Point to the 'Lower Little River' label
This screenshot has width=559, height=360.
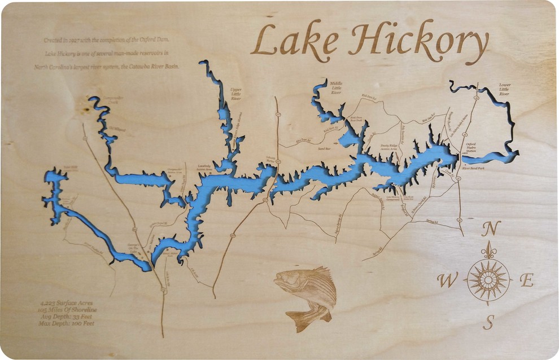[504, 89]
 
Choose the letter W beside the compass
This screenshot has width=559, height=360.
[447, 280]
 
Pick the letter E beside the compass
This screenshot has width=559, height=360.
[527, 280]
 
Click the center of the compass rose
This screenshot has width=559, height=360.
[488, 279]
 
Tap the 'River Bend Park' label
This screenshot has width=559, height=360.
[474, 168]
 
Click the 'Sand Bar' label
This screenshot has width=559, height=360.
[324, 148]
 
